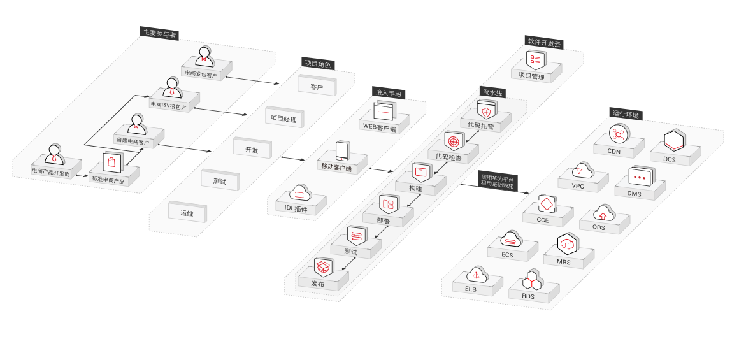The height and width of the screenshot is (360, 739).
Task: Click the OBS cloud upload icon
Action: point(603,213)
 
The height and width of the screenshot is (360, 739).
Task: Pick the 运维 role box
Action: point(187,212)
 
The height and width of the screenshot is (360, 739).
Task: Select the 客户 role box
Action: point(316,85)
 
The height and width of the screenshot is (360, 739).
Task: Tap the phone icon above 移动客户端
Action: point(343,150)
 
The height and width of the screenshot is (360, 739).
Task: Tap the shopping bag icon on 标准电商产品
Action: point(111,162)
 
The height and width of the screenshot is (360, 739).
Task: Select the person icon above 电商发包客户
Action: point(204,55)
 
